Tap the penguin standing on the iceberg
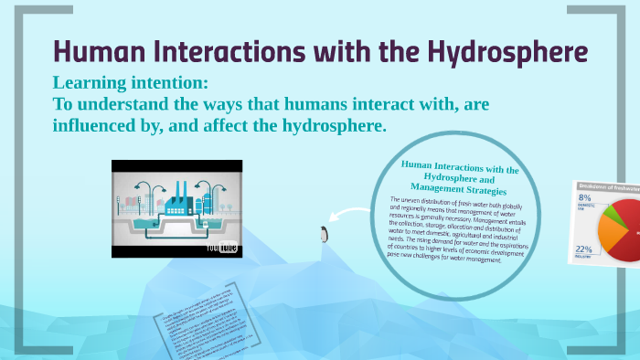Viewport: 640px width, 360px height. [323, 233]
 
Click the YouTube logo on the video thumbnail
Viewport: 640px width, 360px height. [222, 247]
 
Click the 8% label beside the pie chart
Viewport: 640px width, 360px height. [585, 198]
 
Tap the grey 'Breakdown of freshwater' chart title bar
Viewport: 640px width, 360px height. [607, 186]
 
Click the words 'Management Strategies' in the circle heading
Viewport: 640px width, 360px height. [457, 187]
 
